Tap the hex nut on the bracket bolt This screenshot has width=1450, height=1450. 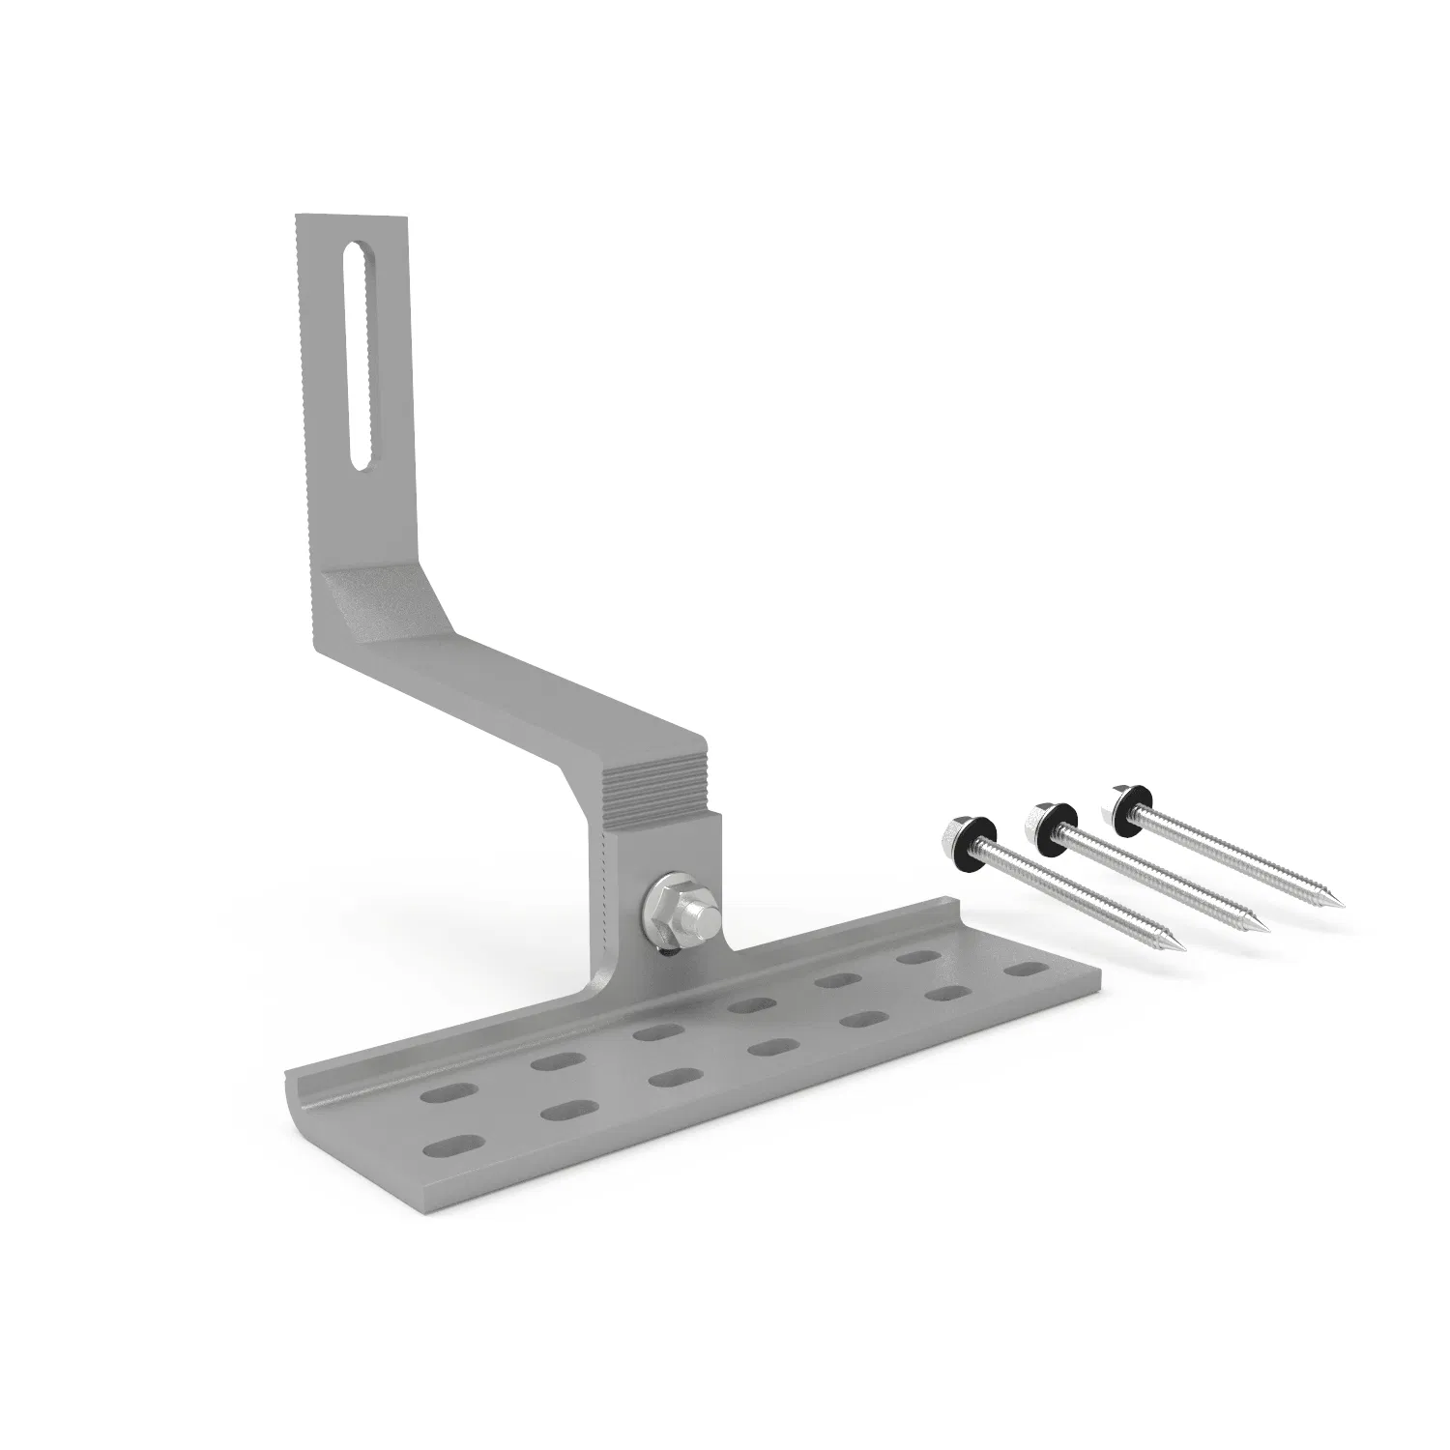click(665, 903)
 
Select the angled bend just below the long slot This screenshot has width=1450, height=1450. click(382, 599)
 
